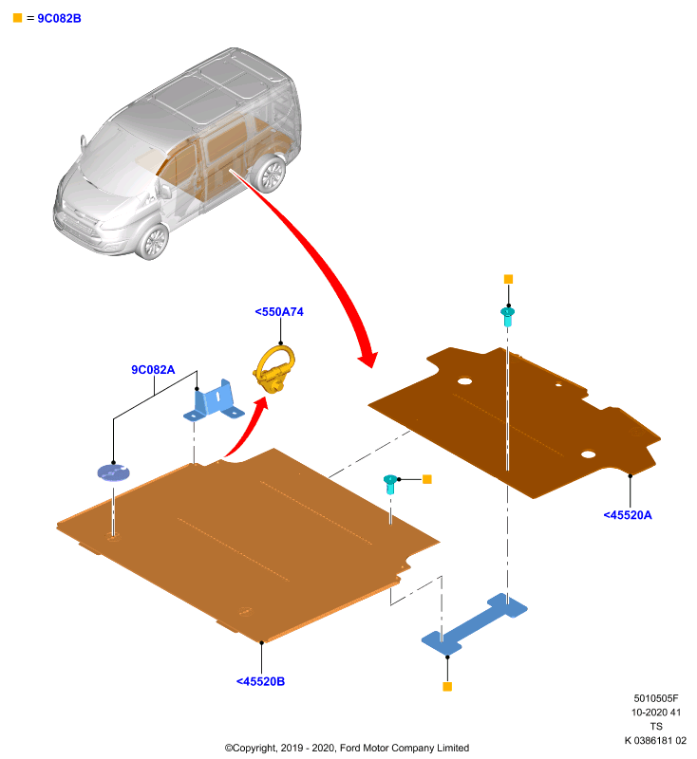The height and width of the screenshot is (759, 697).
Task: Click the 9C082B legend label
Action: pyautogui.click(x=59, y=18)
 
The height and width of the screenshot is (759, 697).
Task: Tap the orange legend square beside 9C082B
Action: pyautogui.click(x=17, y=18)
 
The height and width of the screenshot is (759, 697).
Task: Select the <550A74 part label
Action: pyautogui.click(x=279, y=312)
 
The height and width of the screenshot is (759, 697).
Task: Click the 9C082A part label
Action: pyautogui.click(x=153, y=370)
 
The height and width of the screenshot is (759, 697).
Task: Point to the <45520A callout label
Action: pyautogui.click(x=628, y=515)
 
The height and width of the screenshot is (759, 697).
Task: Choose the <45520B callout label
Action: pyautogui.click(x=260, y=681)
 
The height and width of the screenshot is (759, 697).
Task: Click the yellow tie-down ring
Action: pyautogui.click(x=274, y=369)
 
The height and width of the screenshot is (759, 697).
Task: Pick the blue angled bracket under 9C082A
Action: pyautogui.click(x=214, y=400)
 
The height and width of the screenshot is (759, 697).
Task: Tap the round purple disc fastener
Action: pyautogui.click(x=114, y=472)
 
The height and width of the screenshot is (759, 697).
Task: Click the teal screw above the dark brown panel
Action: pyautogui.click(x=508, y=316)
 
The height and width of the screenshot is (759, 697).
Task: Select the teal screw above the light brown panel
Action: pyautogui.click(x=390, y=484)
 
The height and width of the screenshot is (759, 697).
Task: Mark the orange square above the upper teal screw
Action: pyautogui.click(x=508, y=279)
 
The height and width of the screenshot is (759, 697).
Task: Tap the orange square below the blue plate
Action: pyautogui.click(x=447, y=686)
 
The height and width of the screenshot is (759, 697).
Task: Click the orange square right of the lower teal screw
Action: pyautogui.click(x=426, y=479)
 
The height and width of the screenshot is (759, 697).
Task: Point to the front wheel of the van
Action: pyautogui.click(x=153, y=241)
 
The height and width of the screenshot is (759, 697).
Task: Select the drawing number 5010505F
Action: pyautogui.click(x=656, y=698)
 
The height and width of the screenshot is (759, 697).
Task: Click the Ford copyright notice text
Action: pyautogui.click(x=347, y=748)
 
